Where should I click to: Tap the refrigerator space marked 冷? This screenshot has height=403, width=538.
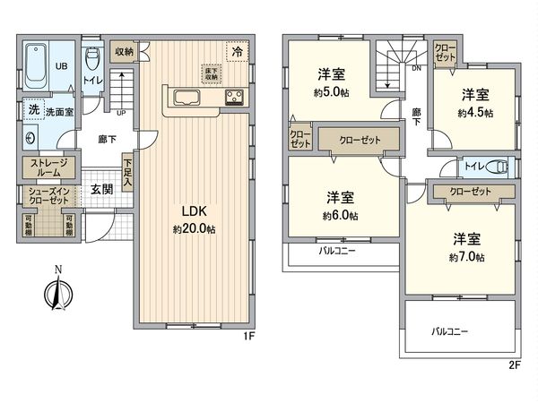coord(237,53)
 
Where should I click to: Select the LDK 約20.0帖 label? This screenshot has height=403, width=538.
coord(195,220)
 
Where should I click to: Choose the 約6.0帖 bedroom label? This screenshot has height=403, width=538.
coord(339,206)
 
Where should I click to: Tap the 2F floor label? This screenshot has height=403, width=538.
coord(514,365)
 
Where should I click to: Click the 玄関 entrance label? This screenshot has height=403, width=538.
coord(101,190)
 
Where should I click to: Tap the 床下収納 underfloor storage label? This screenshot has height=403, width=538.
coord(209,71)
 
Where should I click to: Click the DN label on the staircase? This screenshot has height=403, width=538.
coord(416,68)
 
